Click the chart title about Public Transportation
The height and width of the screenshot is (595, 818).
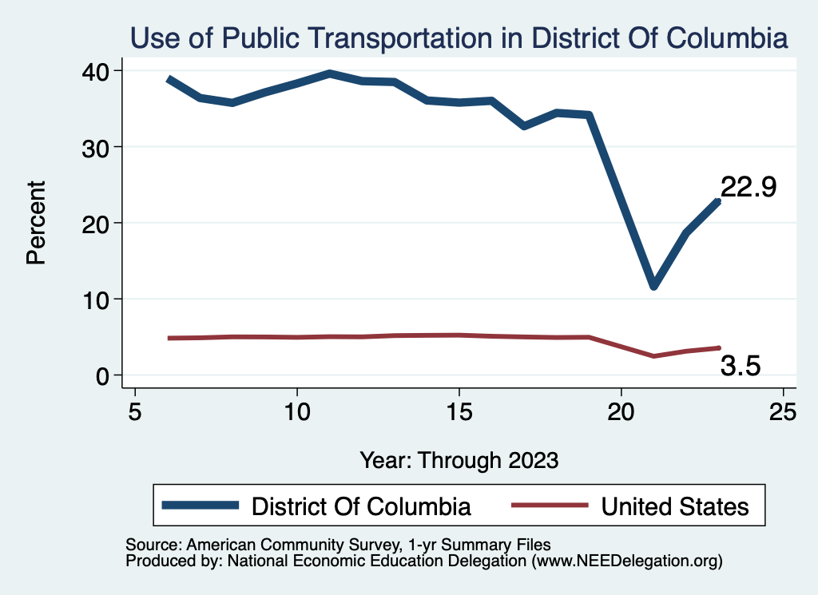point(459,38)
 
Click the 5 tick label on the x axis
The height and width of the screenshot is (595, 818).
point(135,412)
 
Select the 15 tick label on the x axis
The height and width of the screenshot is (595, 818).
point(459,412)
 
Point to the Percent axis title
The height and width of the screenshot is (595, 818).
point(36,223)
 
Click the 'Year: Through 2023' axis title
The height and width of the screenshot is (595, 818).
point(459,460)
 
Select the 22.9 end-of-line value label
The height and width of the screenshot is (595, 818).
point(749,187)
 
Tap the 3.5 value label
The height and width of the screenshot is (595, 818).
point(741,366)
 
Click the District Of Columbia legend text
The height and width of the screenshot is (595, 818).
point(361,506)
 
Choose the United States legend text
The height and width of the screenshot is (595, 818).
point(675,506)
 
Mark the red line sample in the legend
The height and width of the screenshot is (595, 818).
point(550,505)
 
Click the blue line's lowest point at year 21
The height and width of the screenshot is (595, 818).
point(654,286)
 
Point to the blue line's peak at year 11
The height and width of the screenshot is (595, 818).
point(330,73)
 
